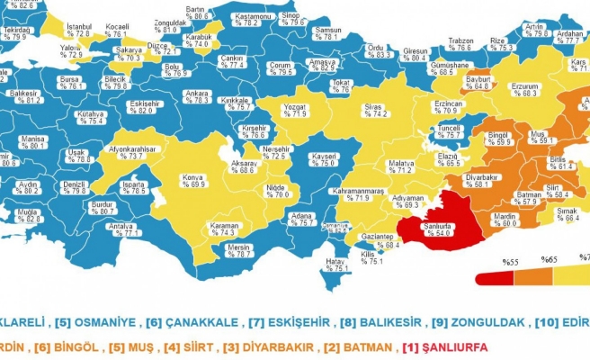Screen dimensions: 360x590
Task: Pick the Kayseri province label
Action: pyautogui.click(x=323, y=160)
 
